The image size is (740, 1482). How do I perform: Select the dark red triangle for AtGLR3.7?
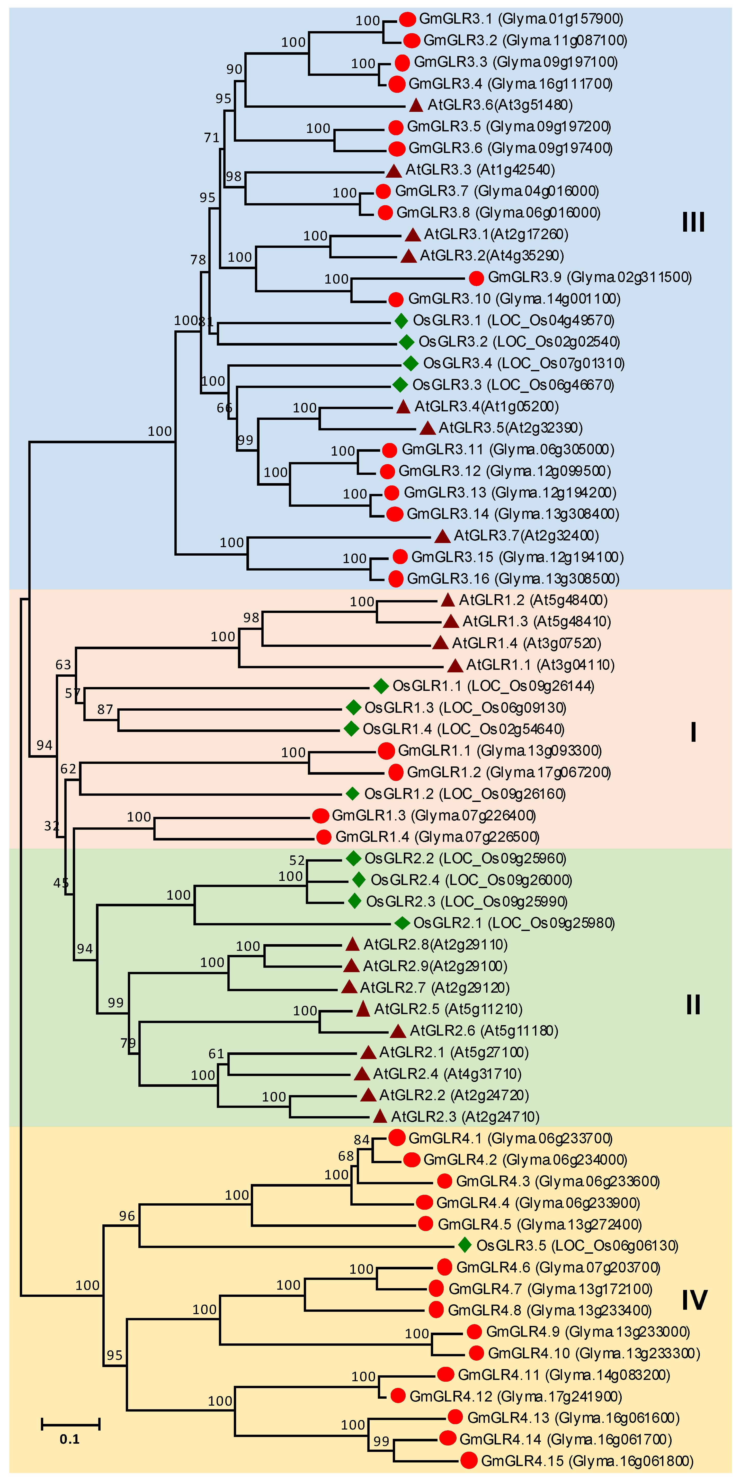pos(442,536)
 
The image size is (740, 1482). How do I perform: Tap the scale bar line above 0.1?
pos(70,1424)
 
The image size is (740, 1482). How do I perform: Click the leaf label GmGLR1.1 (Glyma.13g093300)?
pos(500,751)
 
